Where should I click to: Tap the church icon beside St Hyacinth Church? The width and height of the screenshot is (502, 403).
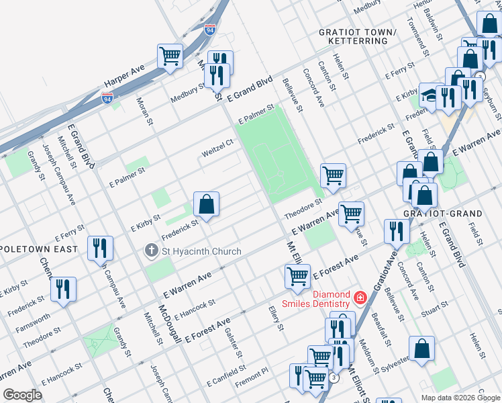pos(151,252)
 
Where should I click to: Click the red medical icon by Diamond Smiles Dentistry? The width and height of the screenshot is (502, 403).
pos(360,296)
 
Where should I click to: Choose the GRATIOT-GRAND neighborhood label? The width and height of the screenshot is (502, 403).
pos(443,214)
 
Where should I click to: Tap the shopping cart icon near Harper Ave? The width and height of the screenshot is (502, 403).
pos(170,56)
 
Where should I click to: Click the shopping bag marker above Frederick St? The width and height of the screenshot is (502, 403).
pos(207,204)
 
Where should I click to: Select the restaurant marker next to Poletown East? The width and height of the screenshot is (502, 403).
pos(100,247)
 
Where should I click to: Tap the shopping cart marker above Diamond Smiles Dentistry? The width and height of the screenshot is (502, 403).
pos(297,276)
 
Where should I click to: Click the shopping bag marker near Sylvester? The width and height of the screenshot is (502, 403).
pos(421,349)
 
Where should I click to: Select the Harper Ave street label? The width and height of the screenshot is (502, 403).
pos(124,78)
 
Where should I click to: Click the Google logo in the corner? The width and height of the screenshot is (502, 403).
pos(22,395)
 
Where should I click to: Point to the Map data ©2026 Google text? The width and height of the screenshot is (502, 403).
pos(460,398)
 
